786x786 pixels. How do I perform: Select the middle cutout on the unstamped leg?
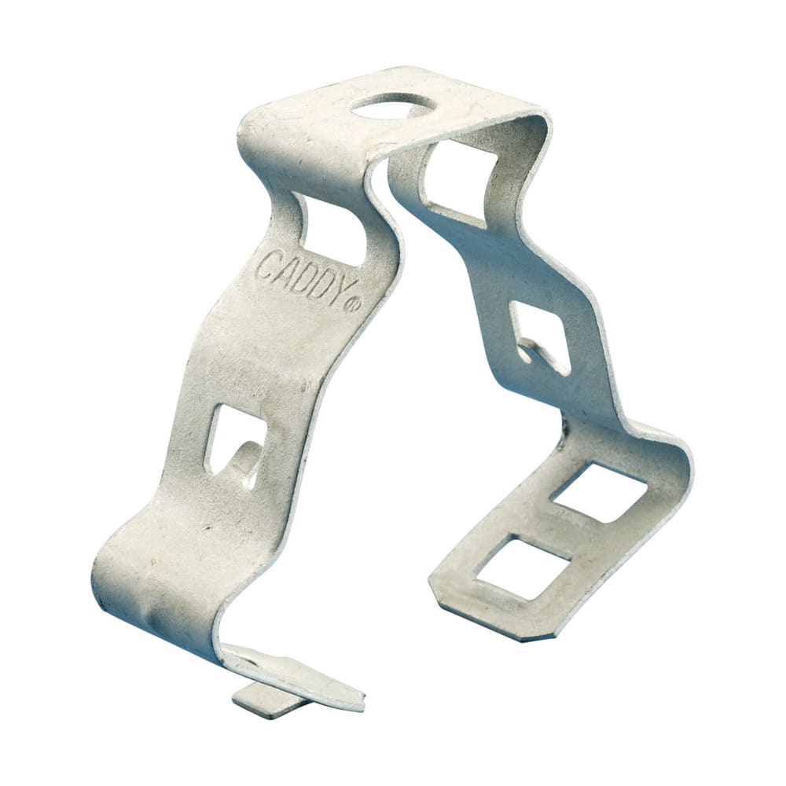(541, 336)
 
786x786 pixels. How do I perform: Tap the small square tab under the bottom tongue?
(264, 700)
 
